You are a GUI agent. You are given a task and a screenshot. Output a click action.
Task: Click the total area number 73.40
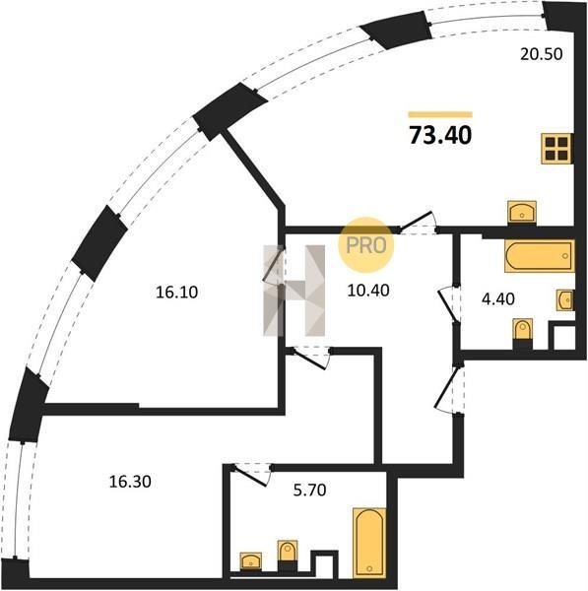[x=440, y=135]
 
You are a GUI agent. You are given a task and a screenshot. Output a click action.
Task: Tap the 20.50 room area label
[x=542, y=54]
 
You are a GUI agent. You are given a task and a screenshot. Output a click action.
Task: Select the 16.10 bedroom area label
[x=176, y=293]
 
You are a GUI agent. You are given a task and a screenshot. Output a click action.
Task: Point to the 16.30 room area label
[x=130, y=482]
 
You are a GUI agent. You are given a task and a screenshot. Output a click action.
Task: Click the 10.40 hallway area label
[x=368, y=291]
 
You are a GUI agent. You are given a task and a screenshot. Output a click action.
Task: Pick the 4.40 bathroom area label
[x=498, y=298]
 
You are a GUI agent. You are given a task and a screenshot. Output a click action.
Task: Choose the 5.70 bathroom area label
[x=309, y=490]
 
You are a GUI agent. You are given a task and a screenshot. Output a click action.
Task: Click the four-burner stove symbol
[x=556, y=149]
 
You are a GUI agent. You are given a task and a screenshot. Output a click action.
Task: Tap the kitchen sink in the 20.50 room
[x=522, y=212]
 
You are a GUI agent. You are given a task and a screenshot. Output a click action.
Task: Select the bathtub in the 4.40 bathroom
[x=540, y=255]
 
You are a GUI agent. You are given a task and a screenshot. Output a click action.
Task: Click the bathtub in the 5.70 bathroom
[x=369, y=543]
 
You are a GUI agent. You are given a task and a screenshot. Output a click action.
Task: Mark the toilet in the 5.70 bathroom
[x=288, y=555]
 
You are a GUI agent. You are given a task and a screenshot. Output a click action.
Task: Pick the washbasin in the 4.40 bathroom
[x=565, y=300]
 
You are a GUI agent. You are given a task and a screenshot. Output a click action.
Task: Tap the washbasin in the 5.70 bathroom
[x=250, y=561]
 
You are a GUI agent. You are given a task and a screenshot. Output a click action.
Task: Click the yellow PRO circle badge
[x=366, y=244]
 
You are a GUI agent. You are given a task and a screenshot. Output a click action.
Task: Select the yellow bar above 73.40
[x=440, y=114]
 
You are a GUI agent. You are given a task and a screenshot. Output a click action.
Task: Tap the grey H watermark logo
[x=294, y=291]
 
